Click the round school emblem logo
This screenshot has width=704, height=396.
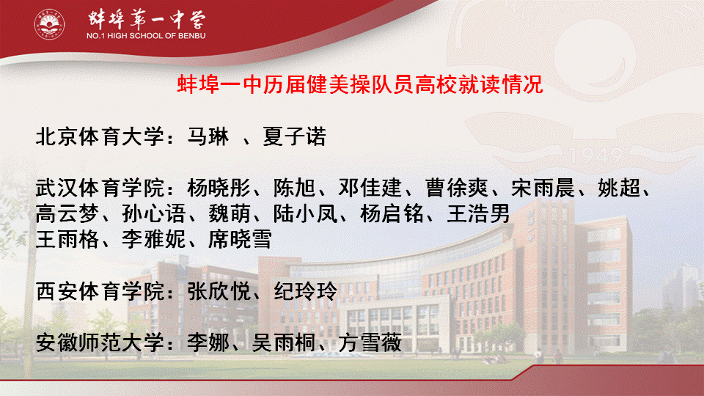tap(49, 24)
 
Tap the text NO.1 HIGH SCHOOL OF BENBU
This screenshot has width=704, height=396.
tap(146, 35)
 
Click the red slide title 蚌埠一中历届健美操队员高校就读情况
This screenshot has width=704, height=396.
tap(360, 84)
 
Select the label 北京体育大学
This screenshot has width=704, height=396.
tap(100, 136)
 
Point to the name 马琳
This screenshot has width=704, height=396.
tap(208, 136)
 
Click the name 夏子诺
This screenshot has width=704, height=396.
tap(294, 136)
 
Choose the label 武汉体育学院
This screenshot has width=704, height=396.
tap(100, 188)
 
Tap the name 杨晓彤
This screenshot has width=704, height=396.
tap(219, 188)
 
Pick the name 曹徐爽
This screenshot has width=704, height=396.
tap(457, 188)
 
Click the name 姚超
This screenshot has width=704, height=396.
tap(619, 188)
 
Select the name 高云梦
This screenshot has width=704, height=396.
tap(67, 213)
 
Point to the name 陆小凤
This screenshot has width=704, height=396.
tap(305, 213)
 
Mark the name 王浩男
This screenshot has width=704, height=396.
tap(479, 213)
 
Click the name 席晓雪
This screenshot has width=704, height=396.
tap(241, 239)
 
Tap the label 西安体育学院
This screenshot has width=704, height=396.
tap(100, 291)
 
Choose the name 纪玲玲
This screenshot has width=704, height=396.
tap(305, 291)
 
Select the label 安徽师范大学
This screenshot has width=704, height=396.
tap(100, 342)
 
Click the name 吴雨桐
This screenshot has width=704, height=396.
tap(284, 342)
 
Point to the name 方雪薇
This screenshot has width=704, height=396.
tap(370, 342)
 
